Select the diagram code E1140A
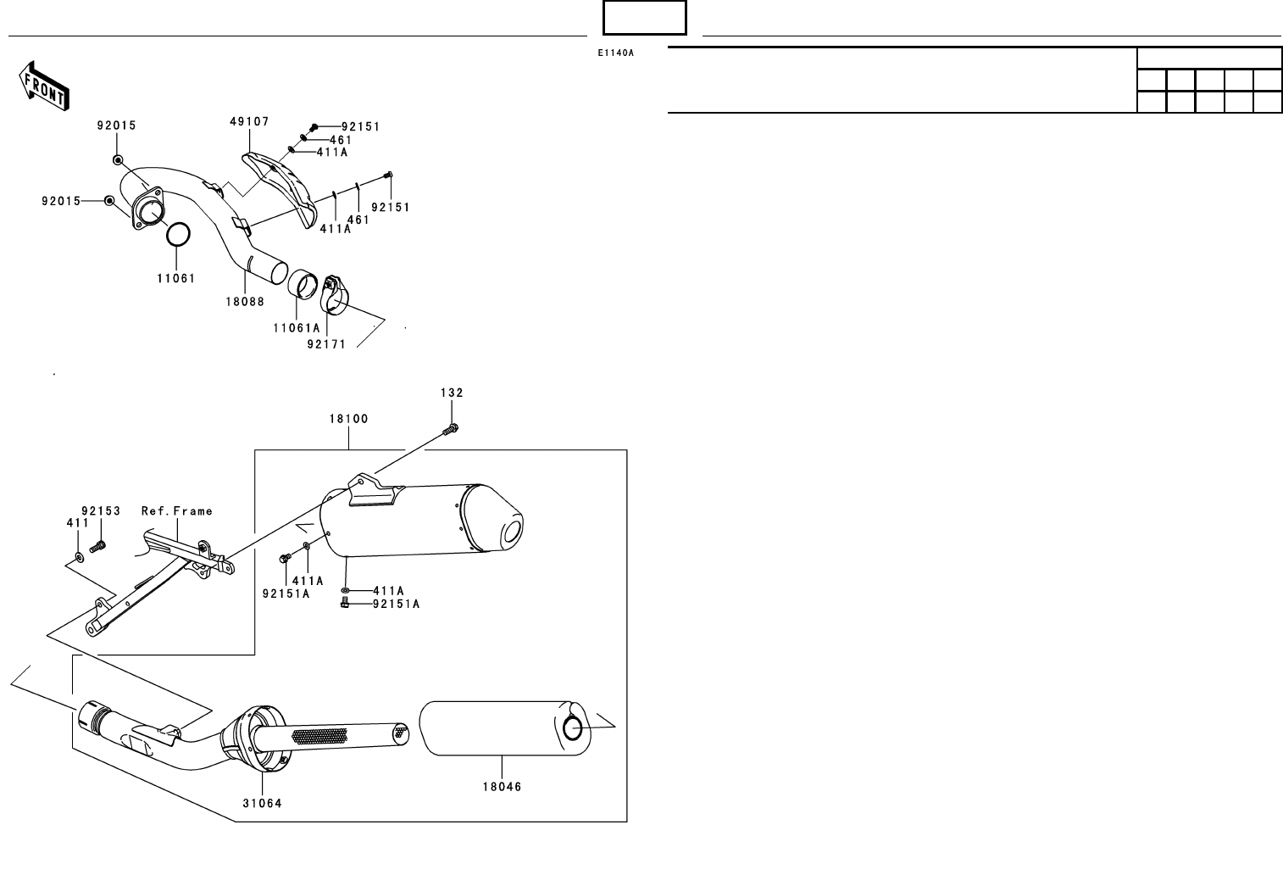(x=615, y=53)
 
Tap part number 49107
(x=249, y=122)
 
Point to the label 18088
(x=245, y=302)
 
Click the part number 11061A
(x=297, y=328)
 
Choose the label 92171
(x=326, y=344)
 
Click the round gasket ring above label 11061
(x=177, y=236)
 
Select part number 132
(x=452, y=393)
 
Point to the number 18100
(x=349, y=419)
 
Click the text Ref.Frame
(x=177, y=511)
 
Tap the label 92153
(x=101, y=511)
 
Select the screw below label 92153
(x=97, y=547)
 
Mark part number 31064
(x=262, y=804)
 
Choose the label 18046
(x=503, y=787)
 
